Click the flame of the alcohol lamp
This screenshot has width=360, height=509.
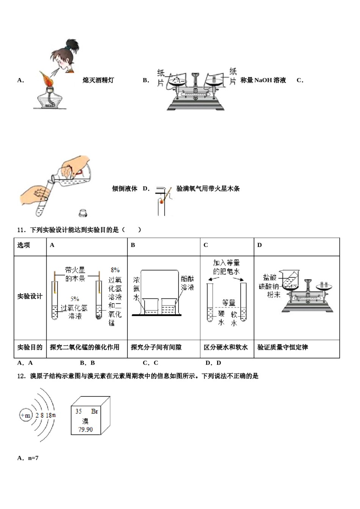47,79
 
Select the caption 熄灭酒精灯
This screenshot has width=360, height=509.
98,80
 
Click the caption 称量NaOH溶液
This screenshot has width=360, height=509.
263,80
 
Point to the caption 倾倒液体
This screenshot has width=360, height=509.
124,189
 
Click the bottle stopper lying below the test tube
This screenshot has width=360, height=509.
83,213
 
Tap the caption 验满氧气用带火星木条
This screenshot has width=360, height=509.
208,189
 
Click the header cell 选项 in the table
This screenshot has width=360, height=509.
23,245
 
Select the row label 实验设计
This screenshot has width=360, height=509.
30,296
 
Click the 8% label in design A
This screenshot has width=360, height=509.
115,270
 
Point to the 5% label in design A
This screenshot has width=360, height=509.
75,299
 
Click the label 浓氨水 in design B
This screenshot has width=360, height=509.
136,289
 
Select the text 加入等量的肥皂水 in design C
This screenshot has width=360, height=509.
226,267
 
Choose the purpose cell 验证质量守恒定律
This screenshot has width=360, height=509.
282,347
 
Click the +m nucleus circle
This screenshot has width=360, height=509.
25,415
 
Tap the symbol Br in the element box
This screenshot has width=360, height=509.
95,411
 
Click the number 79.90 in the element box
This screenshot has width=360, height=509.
85,429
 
